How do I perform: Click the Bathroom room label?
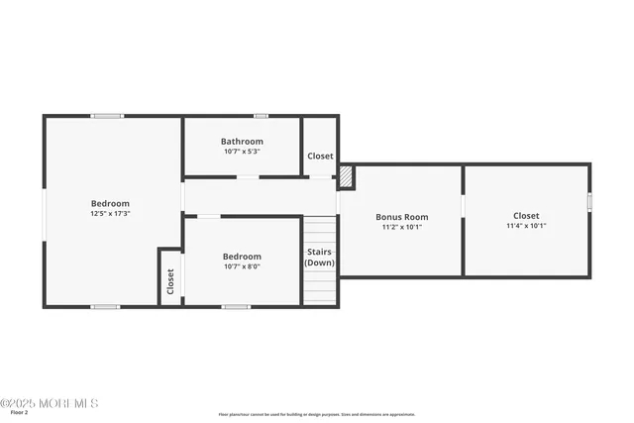pos(242,142)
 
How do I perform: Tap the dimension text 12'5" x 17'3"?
pos(110,213)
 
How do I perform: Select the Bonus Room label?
pos(401,217)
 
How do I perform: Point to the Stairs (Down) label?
pos(319,258)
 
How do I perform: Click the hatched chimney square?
pos(346,176)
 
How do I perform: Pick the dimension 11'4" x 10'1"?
pos(526,226)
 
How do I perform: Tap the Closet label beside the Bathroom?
pos(320,157)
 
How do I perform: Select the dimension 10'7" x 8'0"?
pos(242,266)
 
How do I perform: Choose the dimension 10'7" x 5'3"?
pos(242,152)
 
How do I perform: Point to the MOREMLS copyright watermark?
pos(50,403)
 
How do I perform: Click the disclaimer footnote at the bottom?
pos(317,415)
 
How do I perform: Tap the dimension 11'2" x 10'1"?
pos(401,227)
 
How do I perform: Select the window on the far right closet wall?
pos(589,201)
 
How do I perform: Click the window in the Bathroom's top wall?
pos(261,116)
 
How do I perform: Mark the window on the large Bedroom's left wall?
pos(44,215)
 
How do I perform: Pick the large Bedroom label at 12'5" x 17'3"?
pos(110,203)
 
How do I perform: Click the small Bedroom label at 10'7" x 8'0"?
pos(242,257)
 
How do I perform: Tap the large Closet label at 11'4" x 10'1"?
pos(526,216)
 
